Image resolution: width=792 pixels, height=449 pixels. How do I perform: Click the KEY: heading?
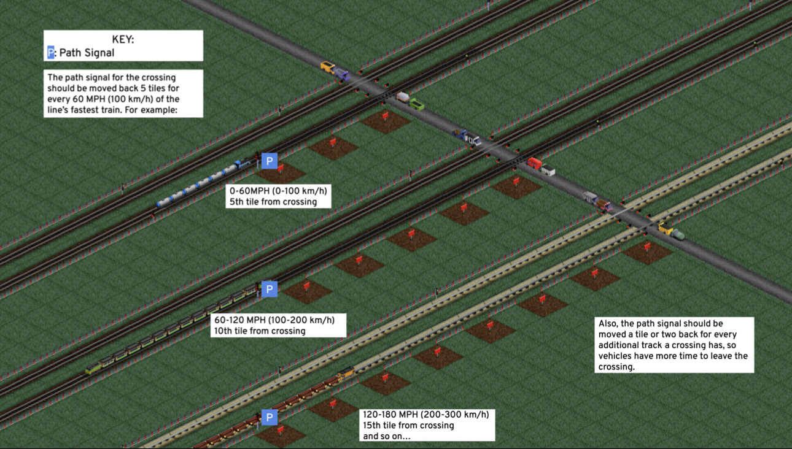point(123,40)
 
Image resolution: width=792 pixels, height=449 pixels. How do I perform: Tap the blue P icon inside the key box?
point(51,53)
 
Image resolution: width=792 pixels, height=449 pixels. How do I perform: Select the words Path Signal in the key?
point(87,53)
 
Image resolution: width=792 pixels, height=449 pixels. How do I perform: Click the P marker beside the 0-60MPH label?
point(269,161)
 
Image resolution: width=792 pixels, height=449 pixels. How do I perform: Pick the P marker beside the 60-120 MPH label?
point(269,289)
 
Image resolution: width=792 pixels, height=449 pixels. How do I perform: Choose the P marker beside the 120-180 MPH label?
point(269,418)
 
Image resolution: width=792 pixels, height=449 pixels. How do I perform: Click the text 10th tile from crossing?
point(259,331)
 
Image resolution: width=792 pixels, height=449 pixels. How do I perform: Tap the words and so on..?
point(386,436)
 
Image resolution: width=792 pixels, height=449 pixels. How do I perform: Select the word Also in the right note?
point(609,323)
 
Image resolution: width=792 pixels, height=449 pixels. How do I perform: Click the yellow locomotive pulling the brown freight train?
point(346,372)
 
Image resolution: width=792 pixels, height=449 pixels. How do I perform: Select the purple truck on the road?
point(341,74)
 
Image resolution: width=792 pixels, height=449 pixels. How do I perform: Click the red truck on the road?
point(534,163)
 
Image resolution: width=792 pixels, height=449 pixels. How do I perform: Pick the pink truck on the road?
point(605,206)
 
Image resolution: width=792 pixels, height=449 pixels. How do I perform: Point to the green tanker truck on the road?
point(677,234)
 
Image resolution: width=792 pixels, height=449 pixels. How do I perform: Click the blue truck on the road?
point(460,133)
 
